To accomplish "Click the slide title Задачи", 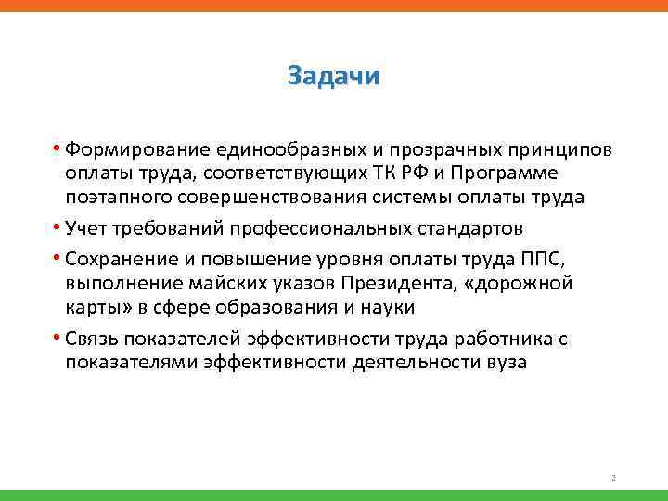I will tap(334, 75).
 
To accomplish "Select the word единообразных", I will tap(275, 150).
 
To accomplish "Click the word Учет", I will tap(86, 228).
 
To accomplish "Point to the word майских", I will tap(221, 283).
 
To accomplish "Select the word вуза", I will tap(505, 362).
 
